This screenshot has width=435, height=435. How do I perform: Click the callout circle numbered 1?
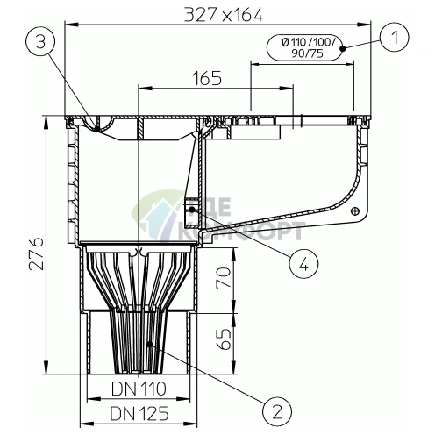pos(395,38)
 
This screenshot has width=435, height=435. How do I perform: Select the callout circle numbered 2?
pos(277,411)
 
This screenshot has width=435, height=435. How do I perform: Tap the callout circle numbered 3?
pos(40,42)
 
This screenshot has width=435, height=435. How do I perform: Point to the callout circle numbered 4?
pos(303,265)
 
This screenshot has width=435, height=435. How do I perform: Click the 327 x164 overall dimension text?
pos(224,14)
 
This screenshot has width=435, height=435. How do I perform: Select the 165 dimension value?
pos(207,78)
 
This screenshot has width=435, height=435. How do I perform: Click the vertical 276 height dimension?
pos(37,253)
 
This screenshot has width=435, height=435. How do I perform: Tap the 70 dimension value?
pos(224,278)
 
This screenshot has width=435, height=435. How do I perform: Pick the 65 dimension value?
pos(224,339)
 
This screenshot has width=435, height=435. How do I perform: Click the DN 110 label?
pos(139,389)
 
